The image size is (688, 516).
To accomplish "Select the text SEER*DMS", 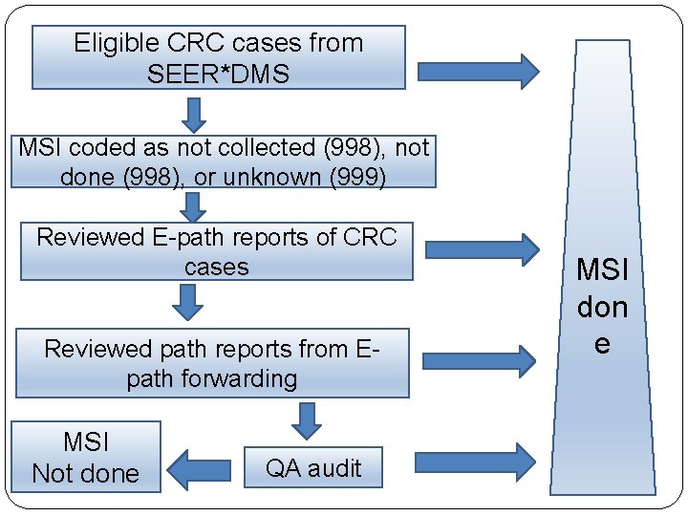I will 218,74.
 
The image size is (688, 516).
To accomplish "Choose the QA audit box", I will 312,468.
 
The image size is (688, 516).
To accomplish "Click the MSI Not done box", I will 86,458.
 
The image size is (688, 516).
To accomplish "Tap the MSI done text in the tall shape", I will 602,307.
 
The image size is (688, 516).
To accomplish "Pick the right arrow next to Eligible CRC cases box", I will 478,71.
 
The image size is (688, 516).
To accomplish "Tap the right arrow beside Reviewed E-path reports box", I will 481,249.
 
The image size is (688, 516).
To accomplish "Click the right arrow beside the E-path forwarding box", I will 479,360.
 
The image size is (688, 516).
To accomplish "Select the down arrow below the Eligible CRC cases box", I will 195,115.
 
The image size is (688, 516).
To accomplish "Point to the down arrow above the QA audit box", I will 306,419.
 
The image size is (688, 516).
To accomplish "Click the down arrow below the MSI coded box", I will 194,204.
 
